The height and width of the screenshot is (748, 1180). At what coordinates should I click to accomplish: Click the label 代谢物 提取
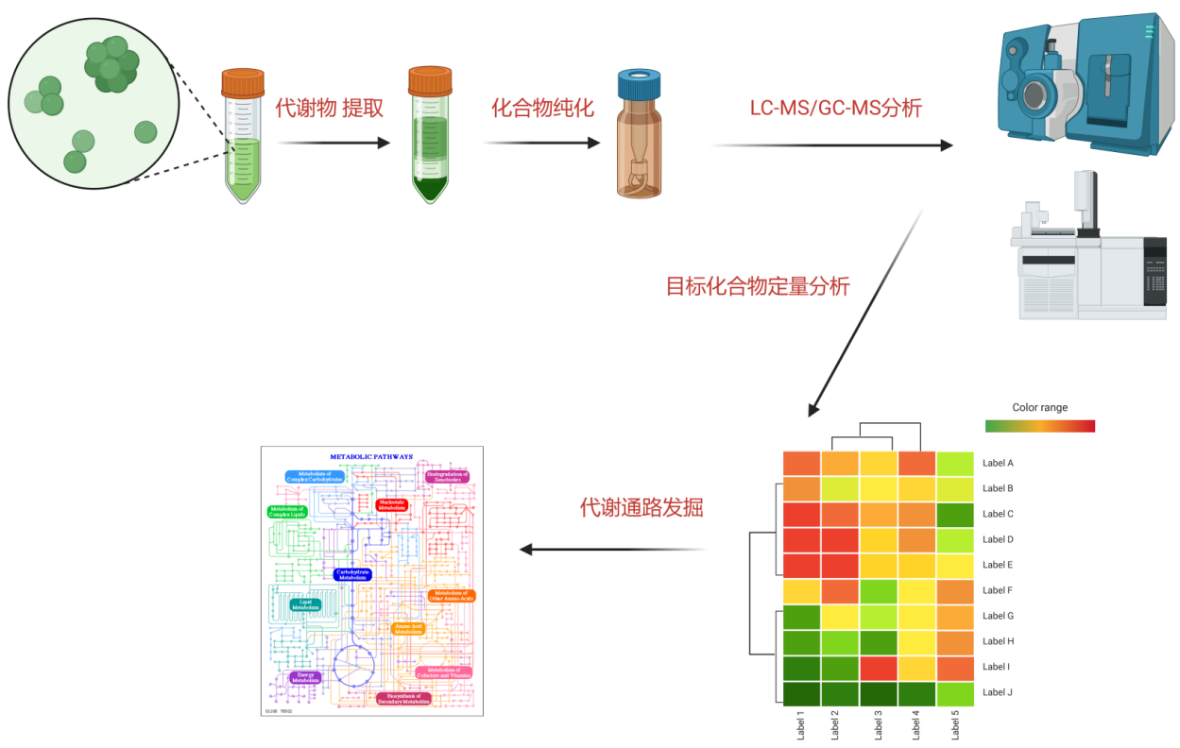point(329,108)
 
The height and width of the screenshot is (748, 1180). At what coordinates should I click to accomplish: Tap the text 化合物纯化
point(542,108)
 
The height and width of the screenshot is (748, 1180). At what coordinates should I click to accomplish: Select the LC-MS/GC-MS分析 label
point(835,108)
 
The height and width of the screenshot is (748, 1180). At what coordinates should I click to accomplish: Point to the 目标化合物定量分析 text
point(758,286)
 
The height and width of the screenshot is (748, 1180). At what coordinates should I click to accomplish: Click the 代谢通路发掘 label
point(641,508)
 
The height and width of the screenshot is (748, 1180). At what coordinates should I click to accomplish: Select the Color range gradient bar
point(1039,426)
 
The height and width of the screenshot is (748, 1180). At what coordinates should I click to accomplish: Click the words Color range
point(1039,408)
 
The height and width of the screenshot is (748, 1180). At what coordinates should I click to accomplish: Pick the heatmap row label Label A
point(998,463)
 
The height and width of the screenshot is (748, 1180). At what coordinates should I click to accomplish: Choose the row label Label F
point(998,590)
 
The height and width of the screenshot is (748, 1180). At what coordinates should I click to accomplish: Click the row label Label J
point(998,692)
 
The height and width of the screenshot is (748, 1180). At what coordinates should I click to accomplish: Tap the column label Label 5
point(954,725)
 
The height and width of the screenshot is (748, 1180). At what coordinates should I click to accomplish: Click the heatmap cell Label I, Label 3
point(878,667)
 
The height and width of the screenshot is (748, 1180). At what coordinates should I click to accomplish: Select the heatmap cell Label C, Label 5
point(954,514)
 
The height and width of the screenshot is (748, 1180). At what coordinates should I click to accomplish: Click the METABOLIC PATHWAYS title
point(371,456)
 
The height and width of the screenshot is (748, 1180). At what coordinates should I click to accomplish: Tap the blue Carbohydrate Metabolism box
point(352,573)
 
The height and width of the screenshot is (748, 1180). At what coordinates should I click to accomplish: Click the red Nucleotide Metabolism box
point(391,505)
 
